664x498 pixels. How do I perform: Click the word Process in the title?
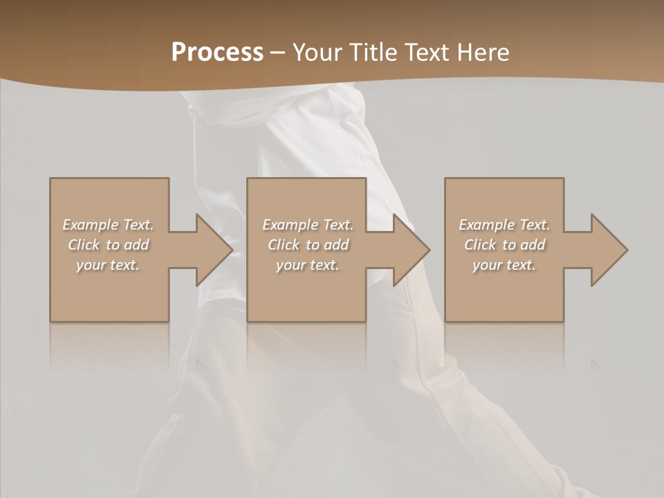click(x=217, y=53)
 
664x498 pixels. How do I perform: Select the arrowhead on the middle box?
click(x=411, y=250)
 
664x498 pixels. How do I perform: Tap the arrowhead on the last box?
click(x=609, y=250)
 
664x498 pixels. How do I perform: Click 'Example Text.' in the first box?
click(x=108, y=225)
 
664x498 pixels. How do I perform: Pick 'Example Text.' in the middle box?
click(x=308, y=225)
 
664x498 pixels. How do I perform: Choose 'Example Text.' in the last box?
click(x=504, y=225)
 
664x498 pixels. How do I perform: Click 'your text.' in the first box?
click(x=108, y=265)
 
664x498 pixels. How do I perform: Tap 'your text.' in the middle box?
click(x=308, y=265)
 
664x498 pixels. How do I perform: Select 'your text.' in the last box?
click(x=504, y=265)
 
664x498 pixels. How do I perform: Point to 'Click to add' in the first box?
click(x=108, y=245)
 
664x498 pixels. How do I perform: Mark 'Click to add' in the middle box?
click(x=308, y=245)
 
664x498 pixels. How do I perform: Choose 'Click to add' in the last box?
click(x=504, y=245)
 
